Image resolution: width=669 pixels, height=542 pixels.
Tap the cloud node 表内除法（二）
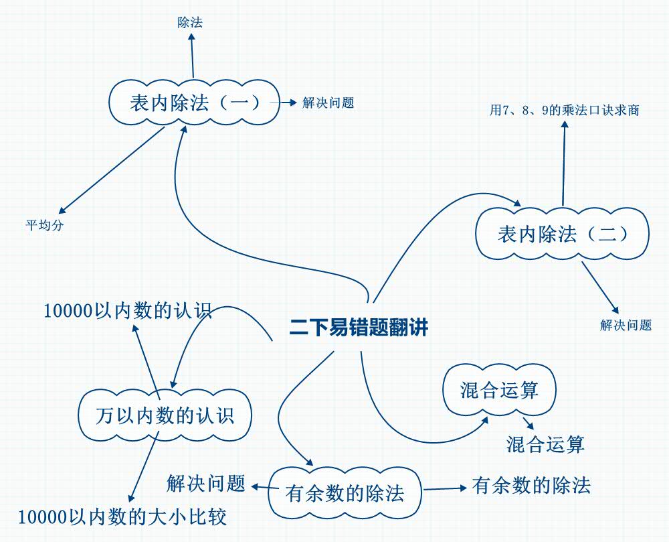point(562,234)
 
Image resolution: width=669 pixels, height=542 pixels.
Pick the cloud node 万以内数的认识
point(165,416)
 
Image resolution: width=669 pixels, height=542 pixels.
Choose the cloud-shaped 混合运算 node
point(499,390)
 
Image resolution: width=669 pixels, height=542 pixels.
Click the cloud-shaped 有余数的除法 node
point(345,494)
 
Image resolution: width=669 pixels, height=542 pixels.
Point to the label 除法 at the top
point(190,23)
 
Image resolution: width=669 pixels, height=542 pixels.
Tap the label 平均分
point(45,225)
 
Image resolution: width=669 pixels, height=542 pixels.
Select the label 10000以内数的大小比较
point(122,517)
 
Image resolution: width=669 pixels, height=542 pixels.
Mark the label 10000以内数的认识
point(127,312)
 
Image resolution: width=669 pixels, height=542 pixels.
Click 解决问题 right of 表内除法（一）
point(328,103)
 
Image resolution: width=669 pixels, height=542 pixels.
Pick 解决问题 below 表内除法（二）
point(626,326)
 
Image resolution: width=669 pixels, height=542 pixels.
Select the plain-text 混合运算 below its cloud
point(545,444)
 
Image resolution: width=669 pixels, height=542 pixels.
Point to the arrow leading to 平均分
point(110,170)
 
